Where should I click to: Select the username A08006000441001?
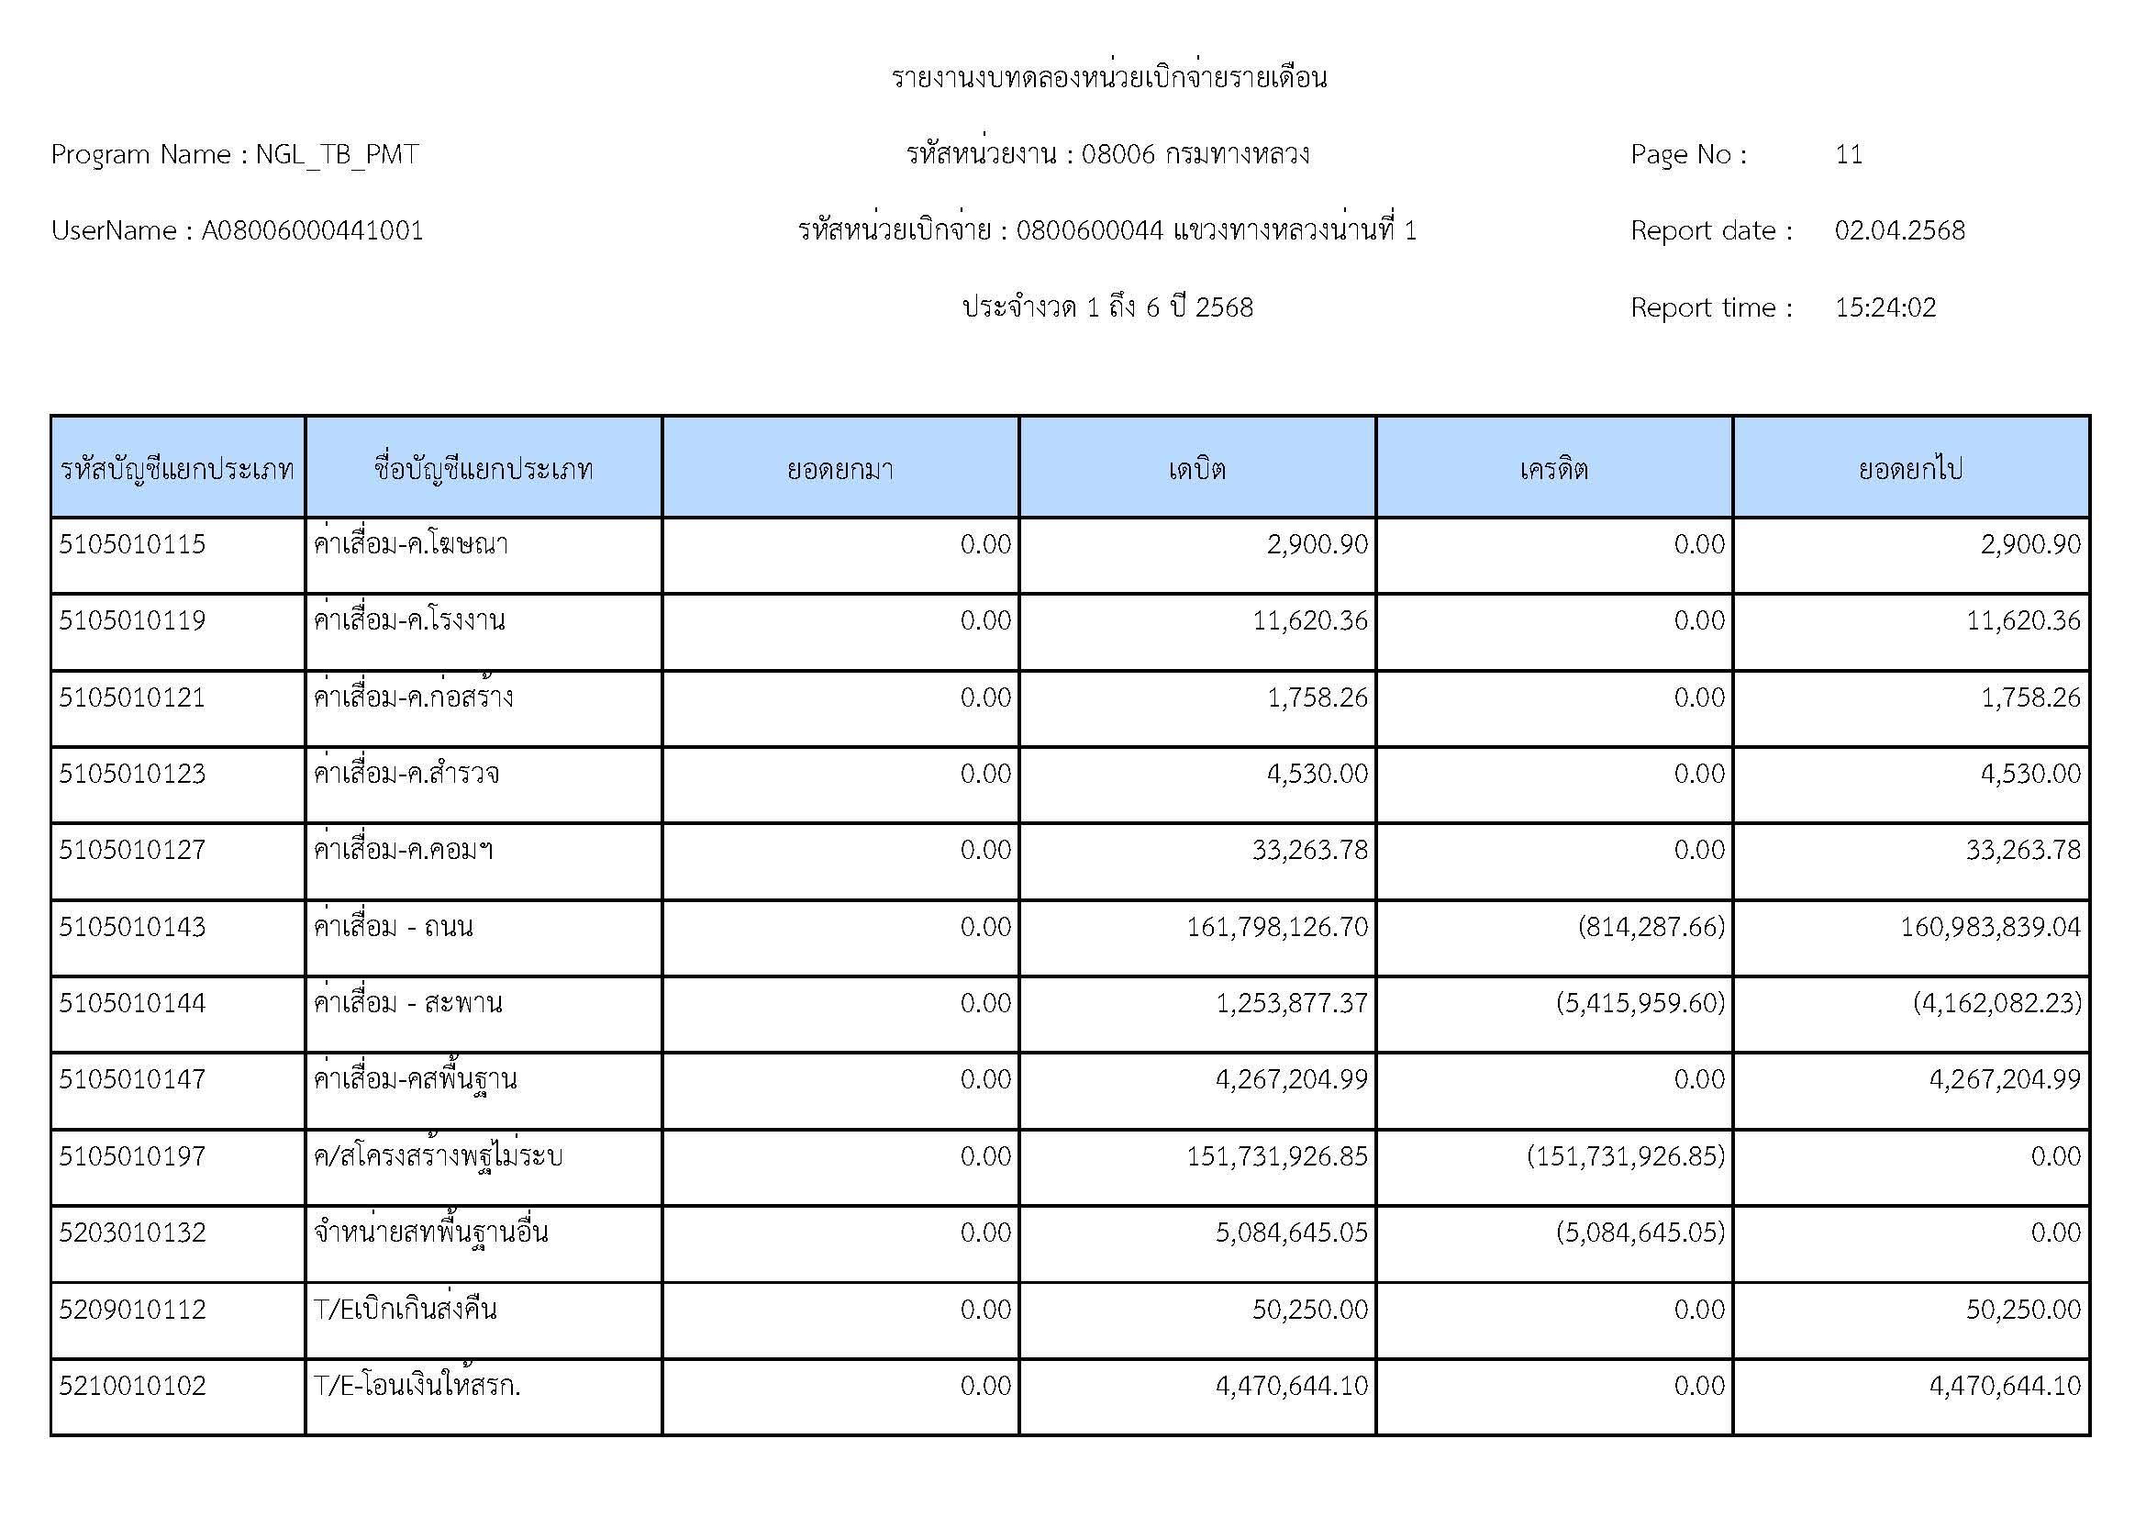(312, 231)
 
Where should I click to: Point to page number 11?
(1848, 154)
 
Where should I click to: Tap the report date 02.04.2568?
(1899, 231)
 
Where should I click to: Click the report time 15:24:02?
(1885, 307)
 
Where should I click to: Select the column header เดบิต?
(1196, 468)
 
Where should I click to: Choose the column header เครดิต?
(1553, 468)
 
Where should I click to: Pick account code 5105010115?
(132, 544)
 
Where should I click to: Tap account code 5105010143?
(132, 926)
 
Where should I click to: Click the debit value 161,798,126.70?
(1277, 926)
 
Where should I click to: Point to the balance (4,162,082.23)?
(1996, 1003)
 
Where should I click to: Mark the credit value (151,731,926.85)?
(1626, 1156)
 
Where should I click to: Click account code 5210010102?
(132, 1385)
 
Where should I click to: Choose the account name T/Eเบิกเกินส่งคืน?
(405, 1309)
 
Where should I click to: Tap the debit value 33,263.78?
(1309, 850)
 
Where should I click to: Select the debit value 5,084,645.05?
(1291, 1233)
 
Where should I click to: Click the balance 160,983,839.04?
(1990, 926)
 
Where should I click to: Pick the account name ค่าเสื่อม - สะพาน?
(407, 1003)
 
